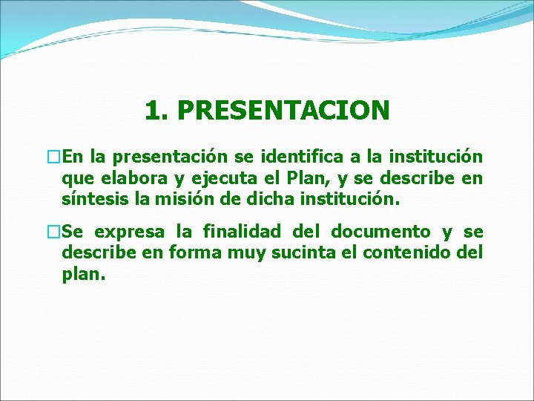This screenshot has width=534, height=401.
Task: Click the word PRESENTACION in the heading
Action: tap(283, 111)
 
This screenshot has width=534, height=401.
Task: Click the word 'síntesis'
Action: tap(92, 200)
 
